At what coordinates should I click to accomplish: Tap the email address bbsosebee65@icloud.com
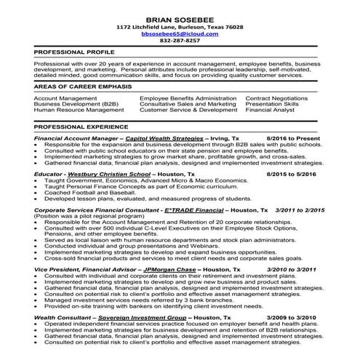(180, 34)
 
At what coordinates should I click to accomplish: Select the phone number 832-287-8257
(180, 41)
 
